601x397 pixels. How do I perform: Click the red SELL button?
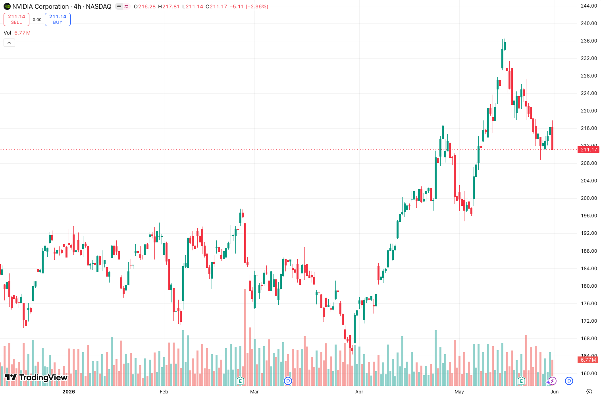(x=16, y=19)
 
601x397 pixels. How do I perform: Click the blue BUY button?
(x=58, y=19)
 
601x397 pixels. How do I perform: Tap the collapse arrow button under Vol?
(x=9, y=43)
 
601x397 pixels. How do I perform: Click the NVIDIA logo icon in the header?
(x=7, y=6)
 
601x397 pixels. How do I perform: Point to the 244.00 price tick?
(x=589, y=6)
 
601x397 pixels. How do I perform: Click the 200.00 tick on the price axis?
(x=589, y=198)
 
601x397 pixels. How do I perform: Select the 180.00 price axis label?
(x=589, y=286)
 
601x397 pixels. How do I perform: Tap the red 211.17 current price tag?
(x=588, y=149)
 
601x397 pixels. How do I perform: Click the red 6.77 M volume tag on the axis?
(x=588, y=360)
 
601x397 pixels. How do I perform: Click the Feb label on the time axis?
(x=164, y=391)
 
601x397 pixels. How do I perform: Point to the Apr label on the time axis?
(x=359, y=391)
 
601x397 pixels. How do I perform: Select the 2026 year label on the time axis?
(x=69, y=391)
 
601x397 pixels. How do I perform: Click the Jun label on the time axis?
(x=554, y=391)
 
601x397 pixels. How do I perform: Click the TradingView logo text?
(x=43, y=378)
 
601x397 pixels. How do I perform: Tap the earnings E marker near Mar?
(x=240, y=381)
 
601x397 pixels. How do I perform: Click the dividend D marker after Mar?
(x=288, y=381)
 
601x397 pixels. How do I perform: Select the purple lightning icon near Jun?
(x=552, y=381)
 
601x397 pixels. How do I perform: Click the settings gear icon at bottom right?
(x=589, y=391)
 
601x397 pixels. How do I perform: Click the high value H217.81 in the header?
(x=169, y=6)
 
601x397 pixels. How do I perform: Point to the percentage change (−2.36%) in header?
(x=257, y=6)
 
